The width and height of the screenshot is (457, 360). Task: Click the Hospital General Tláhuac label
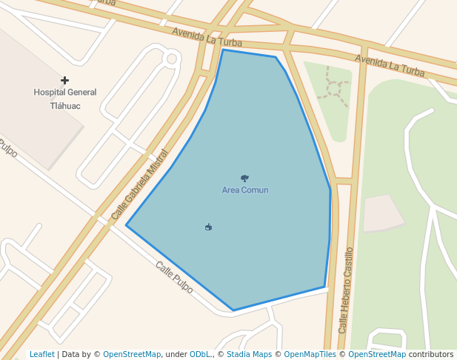point(65,99)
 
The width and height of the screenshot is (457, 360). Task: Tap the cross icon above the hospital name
point(65,80)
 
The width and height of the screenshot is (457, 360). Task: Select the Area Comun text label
point(245,190)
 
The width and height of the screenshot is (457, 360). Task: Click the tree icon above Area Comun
point(245,179)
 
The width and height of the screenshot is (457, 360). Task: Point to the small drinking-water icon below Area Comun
point(208,227)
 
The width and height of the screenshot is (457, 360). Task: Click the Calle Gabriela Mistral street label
point(140,185)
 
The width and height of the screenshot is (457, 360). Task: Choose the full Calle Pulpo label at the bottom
point(174,277)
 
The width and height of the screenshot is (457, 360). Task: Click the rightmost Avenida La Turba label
point(390,65)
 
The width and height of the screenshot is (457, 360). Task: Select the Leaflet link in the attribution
point(42,355)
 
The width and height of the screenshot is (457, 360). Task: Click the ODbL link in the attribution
point(200,355)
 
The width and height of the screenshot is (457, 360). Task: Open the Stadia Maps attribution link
point(249,355)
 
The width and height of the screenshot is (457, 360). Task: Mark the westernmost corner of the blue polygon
point(127,225)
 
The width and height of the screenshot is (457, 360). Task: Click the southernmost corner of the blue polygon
point(233,310)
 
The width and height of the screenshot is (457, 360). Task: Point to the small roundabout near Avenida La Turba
point(172,58)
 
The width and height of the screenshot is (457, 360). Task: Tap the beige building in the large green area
point(381,213)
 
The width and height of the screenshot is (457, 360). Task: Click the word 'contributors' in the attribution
point(431,355)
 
